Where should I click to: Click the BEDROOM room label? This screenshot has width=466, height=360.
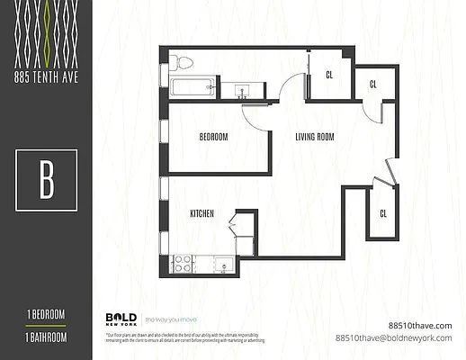(213, 137)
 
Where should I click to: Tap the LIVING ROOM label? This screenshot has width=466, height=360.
(315, 137)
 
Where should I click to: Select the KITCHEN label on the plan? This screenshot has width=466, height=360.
(201, 214)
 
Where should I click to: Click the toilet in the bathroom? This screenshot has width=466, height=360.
(183, 62)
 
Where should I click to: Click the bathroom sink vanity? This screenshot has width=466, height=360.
(242, 89)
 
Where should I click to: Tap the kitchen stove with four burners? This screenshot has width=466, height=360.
(183, 264)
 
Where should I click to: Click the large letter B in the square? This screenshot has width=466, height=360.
(46, 180)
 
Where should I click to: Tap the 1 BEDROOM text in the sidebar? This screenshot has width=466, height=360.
(45, 313)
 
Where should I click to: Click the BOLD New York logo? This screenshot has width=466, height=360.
(121, 319)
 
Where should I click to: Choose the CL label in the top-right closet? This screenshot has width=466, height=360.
(372, 84)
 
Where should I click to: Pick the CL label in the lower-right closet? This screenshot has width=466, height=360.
(382, 213)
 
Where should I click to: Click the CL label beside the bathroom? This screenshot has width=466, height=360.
(329, 75)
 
